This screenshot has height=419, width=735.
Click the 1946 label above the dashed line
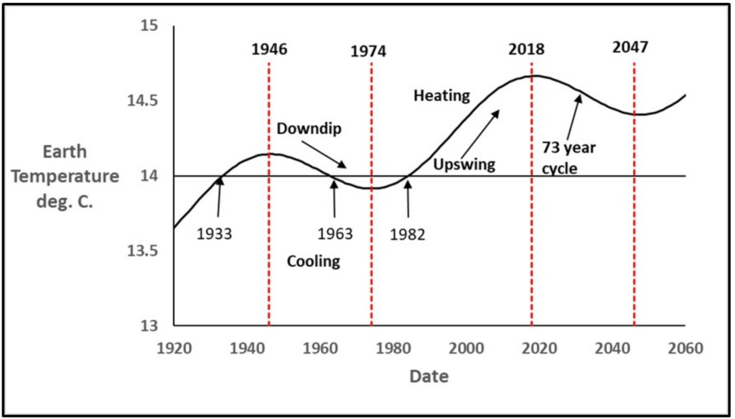click(269, 50)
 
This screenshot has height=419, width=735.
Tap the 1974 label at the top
click(368, 52)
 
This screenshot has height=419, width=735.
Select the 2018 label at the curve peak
click(526, 50)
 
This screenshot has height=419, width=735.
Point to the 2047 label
click(630, 47)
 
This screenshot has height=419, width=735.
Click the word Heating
click(441, 95)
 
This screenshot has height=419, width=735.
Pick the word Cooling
click(314, 261)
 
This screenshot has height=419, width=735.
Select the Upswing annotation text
click(464, 164)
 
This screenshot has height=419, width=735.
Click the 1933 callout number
click(214, 234)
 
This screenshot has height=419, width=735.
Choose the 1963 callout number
click(335, 234)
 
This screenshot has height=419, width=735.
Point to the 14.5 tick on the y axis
click(142, 101)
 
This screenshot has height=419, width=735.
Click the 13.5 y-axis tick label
click(142, 251)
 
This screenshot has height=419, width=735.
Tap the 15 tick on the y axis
click(149, 27)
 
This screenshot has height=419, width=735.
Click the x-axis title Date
click(429, 376)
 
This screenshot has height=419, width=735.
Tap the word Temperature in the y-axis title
click(70, 176)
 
